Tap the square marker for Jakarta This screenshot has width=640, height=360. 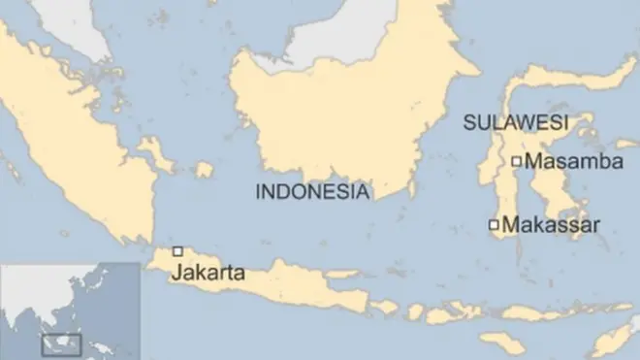click(x=177, y=251)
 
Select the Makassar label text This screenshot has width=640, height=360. click(x=552, y=225)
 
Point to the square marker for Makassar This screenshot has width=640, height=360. click(x=494, y=225)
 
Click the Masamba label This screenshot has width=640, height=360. click(x=571, y=162)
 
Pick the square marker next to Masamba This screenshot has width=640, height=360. click(x=517, y=161)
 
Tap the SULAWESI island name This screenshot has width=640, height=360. click(x=515, y=122)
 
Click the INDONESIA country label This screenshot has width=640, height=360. click(x=312, y=192)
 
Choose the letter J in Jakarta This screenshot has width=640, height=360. click(x=175, y=274)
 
